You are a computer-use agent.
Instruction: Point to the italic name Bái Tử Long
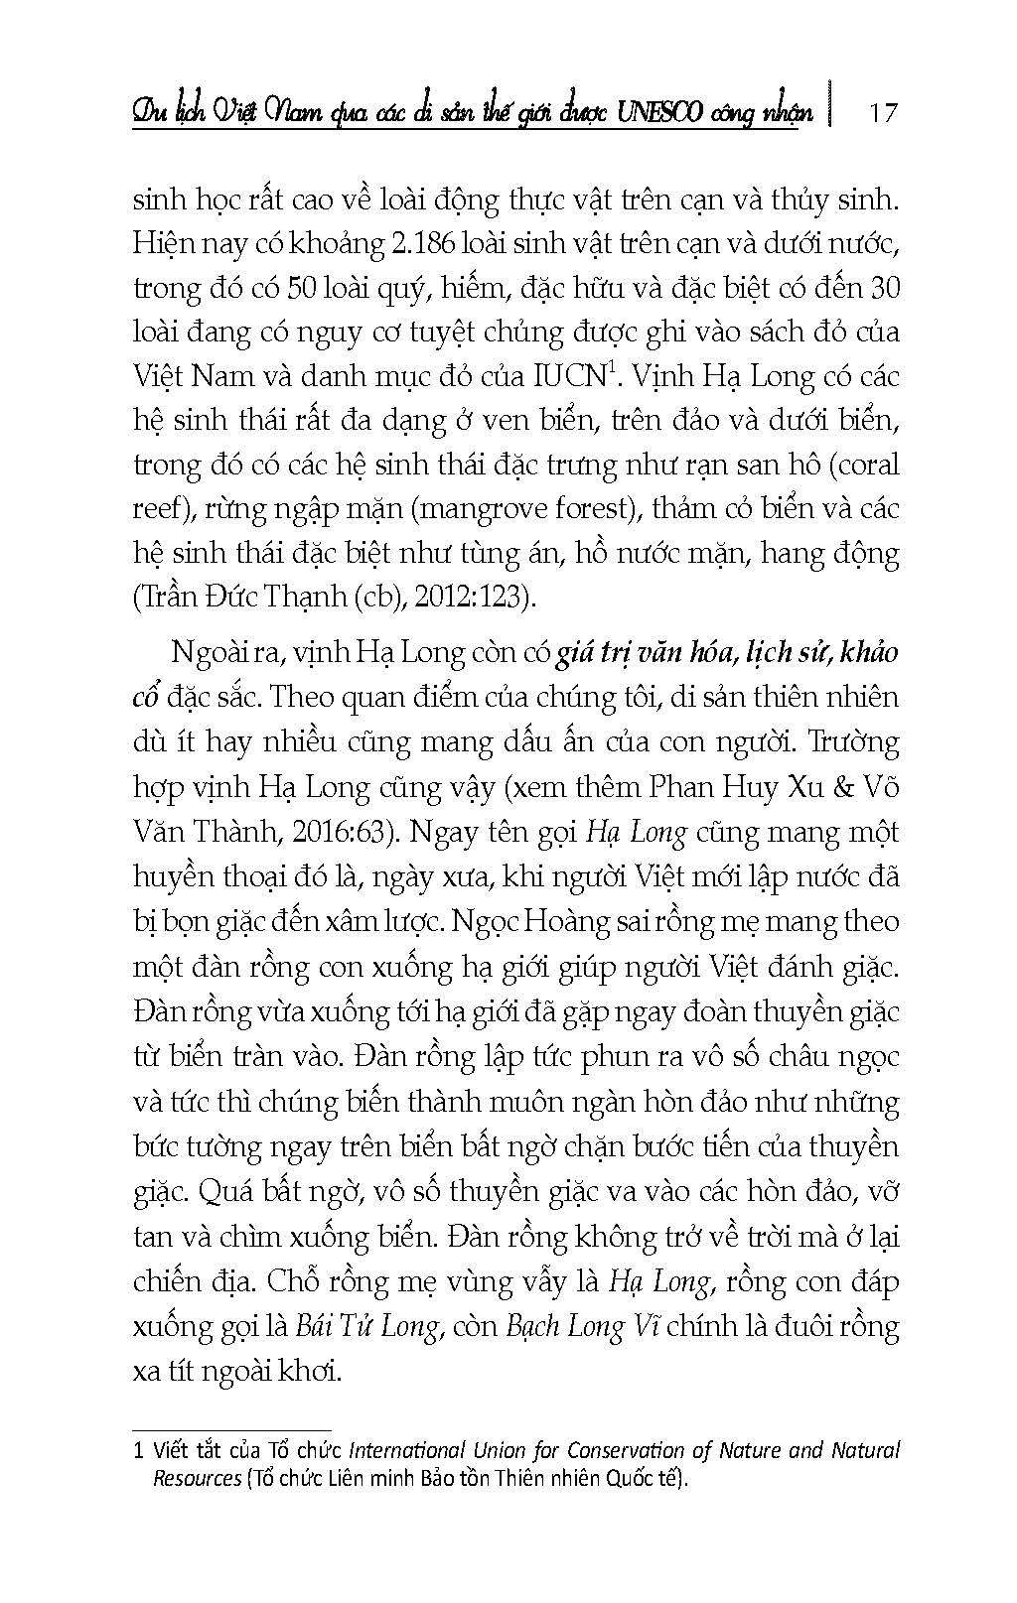(x=367, y=1327)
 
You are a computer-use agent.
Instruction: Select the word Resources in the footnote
(x=197, y=1478)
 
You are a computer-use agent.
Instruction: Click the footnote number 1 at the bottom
(x=139, y=1451)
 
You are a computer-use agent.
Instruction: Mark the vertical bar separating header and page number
(x=831, y=106)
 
